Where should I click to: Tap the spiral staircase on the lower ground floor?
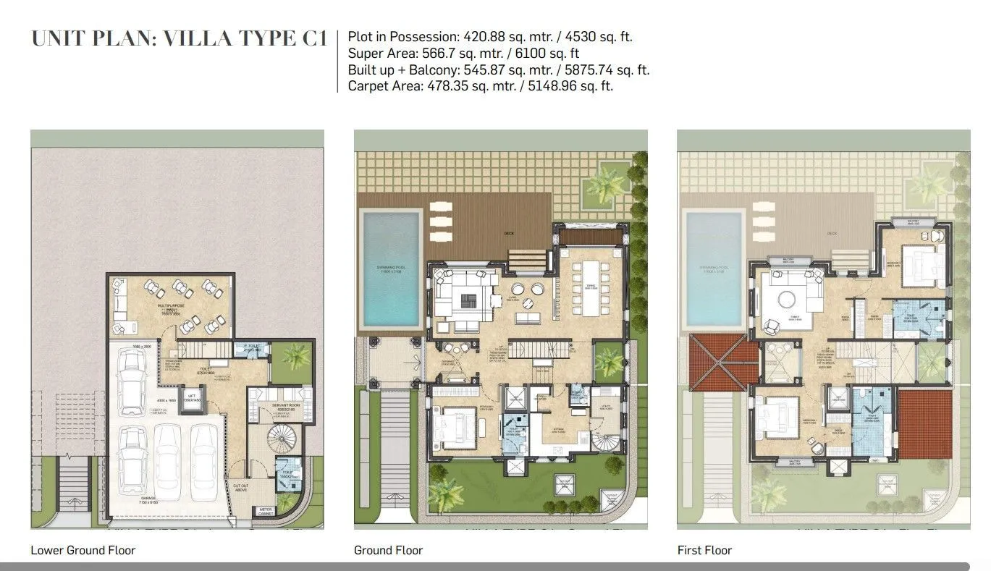279,439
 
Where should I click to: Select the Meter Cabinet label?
266,512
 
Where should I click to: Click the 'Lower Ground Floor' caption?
83,550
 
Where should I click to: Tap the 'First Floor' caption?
704,550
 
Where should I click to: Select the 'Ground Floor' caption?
388,550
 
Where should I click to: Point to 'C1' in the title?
313,38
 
